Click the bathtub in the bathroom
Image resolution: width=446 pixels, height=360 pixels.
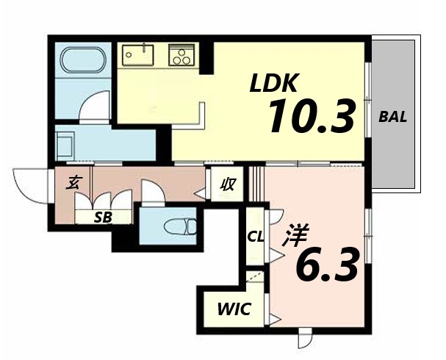point(83,60)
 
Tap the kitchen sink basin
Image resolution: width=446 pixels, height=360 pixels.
point(138,55)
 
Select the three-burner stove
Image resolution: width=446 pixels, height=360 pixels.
point(181,55)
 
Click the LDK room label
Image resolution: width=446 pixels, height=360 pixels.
point(274,83)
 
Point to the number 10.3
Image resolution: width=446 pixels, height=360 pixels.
point(312,116)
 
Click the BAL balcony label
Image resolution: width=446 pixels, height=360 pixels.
point(393,117)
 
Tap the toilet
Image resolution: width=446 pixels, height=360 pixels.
point(180,226)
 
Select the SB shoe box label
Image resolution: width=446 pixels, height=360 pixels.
point(103,217)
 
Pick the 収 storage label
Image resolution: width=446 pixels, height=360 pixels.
point(228,184)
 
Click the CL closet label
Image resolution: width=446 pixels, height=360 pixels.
point(256,237)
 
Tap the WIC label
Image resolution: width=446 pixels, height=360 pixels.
point(234,309)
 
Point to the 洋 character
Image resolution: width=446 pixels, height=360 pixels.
point(295,235)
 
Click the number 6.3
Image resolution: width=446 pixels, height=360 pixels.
point(326,264)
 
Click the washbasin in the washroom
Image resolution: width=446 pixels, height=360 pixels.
point(65,147)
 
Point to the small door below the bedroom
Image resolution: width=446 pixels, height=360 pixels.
point(305,338)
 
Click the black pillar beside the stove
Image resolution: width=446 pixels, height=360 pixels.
point(206,58)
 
